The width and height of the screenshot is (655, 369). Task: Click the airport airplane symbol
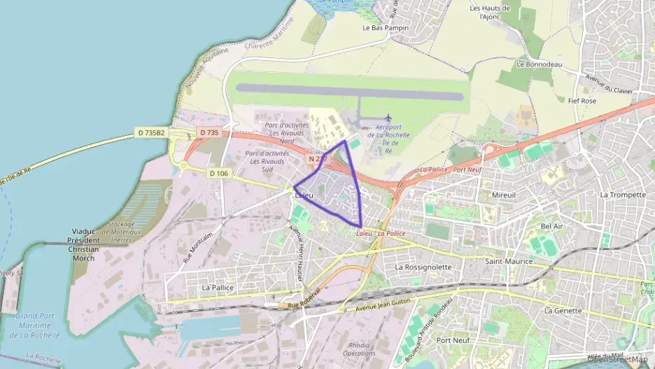[x=388, y=117]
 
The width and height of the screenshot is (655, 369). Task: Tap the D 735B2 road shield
[x=150, y=132]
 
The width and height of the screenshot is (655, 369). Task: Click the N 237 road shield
[x=317, y=160]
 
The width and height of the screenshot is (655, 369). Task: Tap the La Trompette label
[x=623, y=195]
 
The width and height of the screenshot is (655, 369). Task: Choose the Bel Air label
[x=552, y=226]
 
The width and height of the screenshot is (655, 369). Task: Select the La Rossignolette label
[x=423, y=267]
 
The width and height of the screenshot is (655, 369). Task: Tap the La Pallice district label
[x=217, y=287]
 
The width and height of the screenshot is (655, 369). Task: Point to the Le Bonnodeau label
[x=535, y=63]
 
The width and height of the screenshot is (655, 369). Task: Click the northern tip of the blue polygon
[x=345, y=141]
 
